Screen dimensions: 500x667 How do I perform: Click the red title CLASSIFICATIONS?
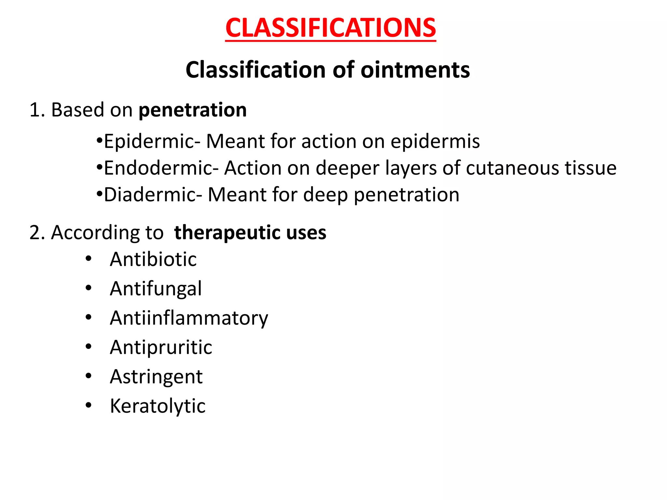(330, 28)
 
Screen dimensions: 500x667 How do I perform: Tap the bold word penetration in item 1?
(192, 110)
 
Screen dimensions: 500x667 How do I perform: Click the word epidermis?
(435, 142)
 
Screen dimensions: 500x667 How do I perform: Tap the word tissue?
(590, 168)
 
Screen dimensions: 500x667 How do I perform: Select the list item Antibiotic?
(153, 259)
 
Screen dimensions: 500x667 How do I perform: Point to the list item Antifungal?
(156, 289)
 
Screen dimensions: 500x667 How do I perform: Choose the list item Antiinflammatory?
(189, 318)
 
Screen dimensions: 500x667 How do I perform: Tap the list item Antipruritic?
(161, 347)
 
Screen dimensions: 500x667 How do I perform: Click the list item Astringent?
(156, 377)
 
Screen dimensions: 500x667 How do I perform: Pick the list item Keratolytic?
(158, 406)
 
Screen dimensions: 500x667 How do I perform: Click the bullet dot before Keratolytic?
(88, 406)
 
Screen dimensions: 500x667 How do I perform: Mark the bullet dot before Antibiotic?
(88, 259)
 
